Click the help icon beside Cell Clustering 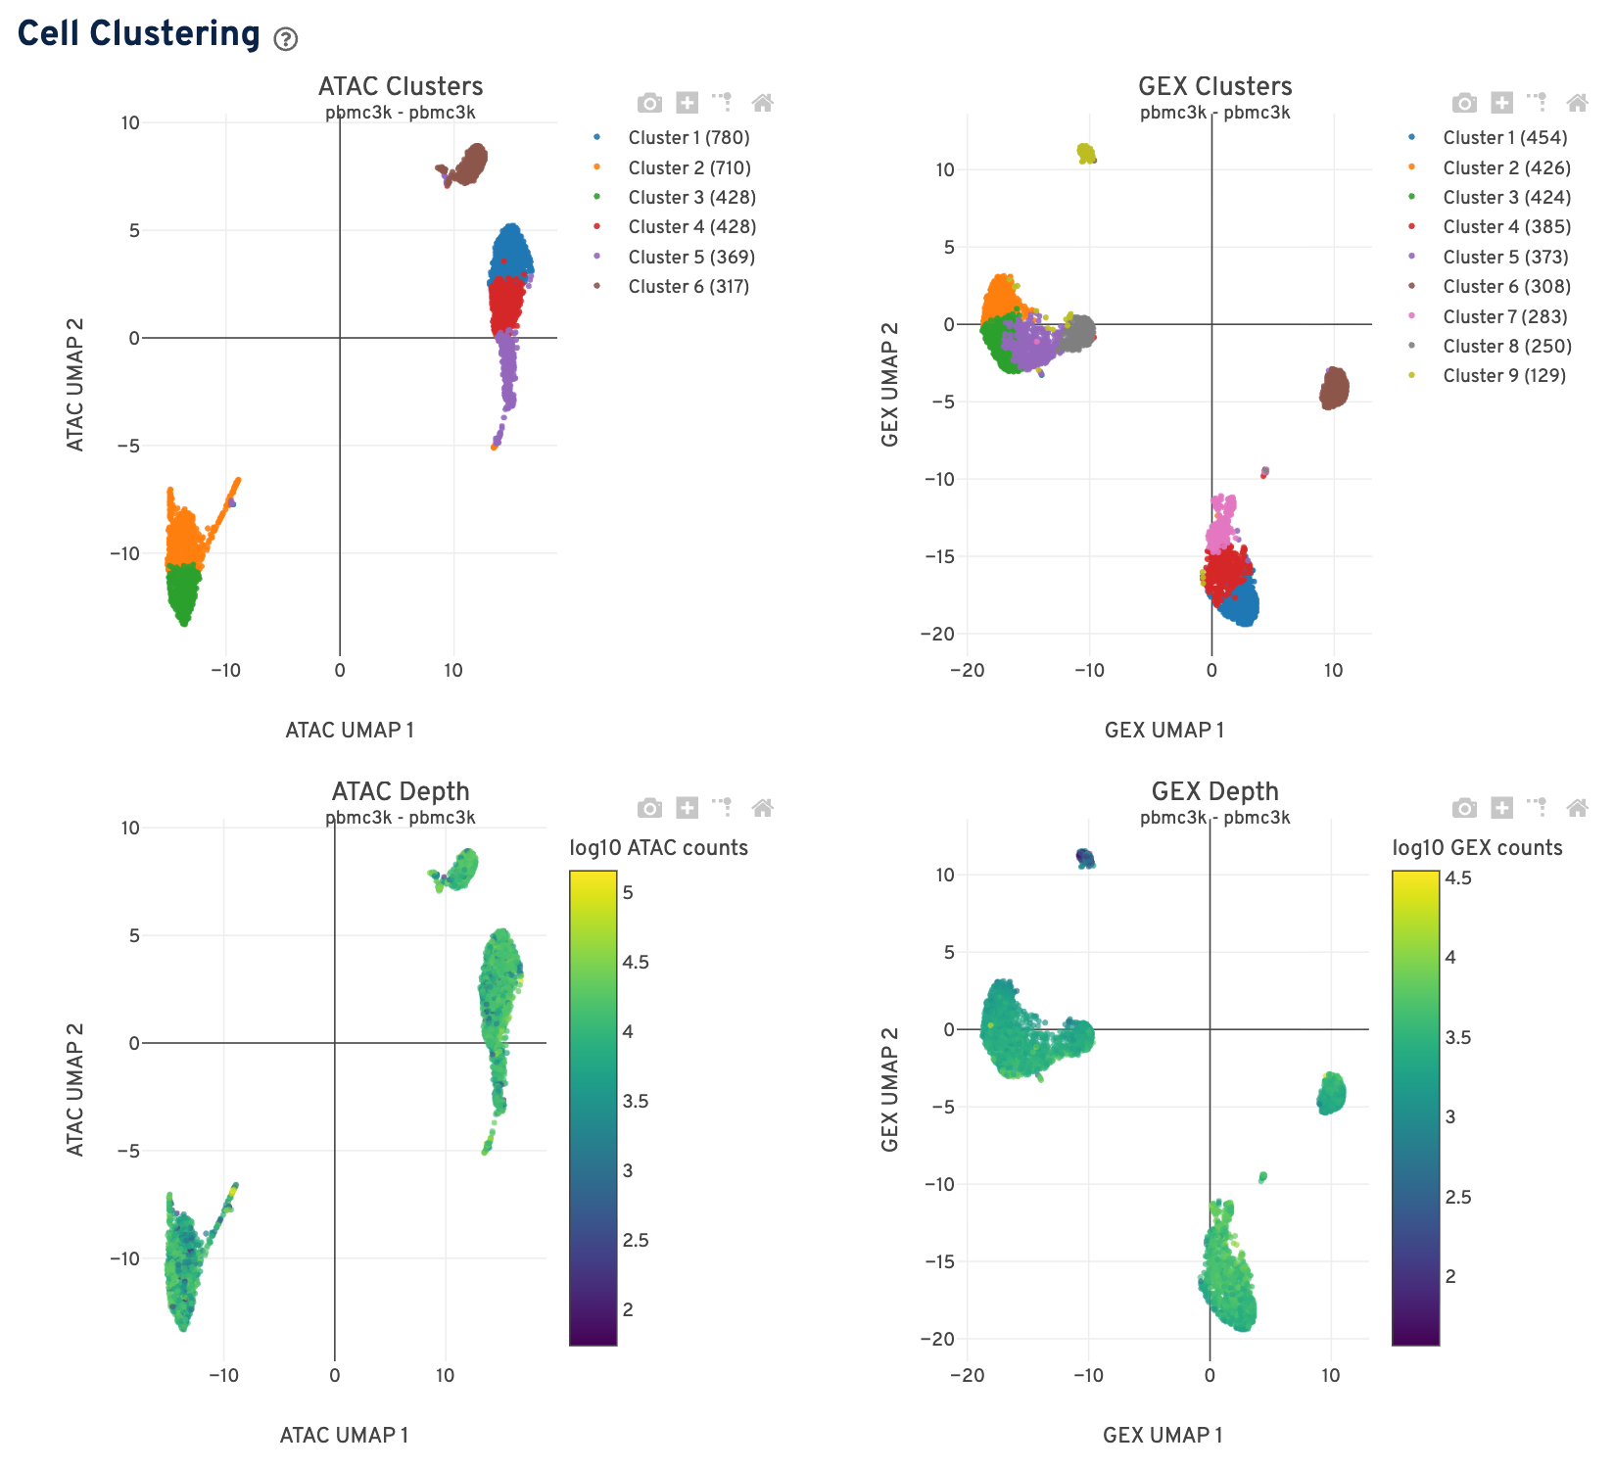click(285, 39)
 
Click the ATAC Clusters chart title click(401, 86)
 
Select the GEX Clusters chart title click(1214, 86)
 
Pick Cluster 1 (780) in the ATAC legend click(688, 138)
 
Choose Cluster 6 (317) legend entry click(688, 287)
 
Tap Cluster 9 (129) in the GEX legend click(1503, 376)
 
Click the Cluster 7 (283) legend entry click(1504, 317)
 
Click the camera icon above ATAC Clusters click(649, 103)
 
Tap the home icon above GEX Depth click(1577, 808)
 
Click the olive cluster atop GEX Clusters click(1086, 153)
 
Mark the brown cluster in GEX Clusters click(1334, 389)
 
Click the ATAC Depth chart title click(401, 791)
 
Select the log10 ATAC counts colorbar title click(658, 848)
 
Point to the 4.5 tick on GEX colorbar click(1458, 878)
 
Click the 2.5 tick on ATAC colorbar click(636, 1241)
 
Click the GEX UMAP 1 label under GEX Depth click(1163, 1436)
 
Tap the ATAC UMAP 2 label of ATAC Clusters click(75, 385)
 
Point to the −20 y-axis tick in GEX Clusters click(936, 634)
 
